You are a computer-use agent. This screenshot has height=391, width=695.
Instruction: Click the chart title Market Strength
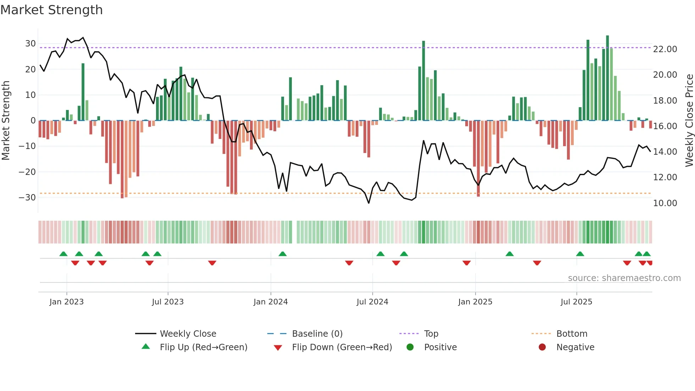click(x=51, y=10)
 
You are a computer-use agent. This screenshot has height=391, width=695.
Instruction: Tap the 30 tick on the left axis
click(x=30, y=44)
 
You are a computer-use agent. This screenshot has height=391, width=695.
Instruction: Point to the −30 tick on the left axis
click(x=28, y=198)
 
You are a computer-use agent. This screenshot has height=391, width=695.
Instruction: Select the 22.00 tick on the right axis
click(x=665, y=49)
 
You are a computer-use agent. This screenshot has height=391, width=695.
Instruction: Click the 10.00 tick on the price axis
click(x=665, y=203)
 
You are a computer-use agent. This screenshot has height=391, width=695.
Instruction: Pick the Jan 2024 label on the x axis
click(x=271, y=302)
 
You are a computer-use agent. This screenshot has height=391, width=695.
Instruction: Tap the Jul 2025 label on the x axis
click(x=576, y=302)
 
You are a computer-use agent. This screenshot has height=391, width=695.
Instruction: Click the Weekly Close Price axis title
click(x=689, y=121)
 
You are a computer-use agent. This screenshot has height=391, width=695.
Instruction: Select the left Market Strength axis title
click(x=6, y=121)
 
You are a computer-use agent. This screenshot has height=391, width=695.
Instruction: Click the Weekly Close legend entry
click(x=188, y=334)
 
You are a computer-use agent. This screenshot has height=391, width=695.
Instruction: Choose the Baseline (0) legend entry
click(x=317, y=334)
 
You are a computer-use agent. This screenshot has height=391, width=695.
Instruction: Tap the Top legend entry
click(x=431, y=334)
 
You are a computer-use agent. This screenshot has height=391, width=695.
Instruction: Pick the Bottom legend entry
click(x=572, y=334)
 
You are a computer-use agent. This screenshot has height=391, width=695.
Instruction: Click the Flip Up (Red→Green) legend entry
click(x=204, y=347)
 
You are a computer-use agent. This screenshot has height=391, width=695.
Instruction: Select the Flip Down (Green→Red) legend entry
click(x=342, y=347)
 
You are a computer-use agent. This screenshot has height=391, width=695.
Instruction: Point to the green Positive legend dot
click(x=410, y=347)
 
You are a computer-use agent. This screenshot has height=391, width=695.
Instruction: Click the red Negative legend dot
click(x=542, y=347)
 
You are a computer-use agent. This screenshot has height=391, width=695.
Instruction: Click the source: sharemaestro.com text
click(x=624, y=278)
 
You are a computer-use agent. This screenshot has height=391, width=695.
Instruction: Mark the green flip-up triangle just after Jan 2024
click(x=283, y=254)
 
